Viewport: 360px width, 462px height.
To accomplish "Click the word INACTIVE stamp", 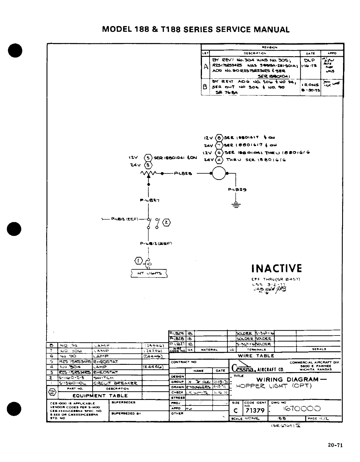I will (277, 268).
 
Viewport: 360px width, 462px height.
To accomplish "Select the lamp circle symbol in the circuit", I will (219, 173).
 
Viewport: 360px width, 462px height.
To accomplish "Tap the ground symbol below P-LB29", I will (235, 205).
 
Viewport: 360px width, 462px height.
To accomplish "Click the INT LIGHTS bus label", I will (149, 273).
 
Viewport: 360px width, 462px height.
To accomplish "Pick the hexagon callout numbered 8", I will (219, 138).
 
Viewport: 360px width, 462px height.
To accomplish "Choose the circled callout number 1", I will (138, 260).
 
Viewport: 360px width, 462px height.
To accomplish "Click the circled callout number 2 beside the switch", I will (166, 222).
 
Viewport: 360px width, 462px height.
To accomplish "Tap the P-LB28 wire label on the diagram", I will (183, 173).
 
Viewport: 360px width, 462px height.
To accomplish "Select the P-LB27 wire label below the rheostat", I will (149, 201).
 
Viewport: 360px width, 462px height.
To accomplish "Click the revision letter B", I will (205, 87).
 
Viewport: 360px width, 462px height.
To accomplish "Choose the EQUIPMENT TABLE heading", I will (100, 396).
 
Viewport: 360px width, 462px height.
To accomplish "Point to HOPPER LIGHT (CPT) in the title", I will (273, 386).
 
